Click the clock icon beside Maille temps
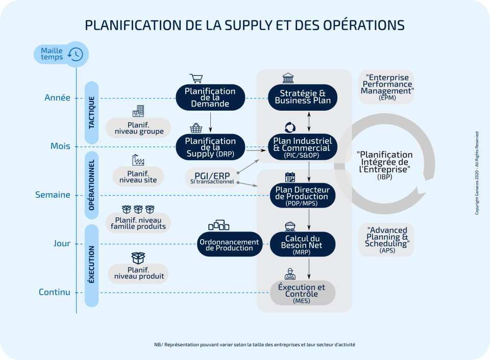[76, 54]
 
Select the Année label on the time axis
[57, 98]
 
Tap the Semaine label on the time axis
[53, 195]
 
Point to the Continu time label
[54, 292]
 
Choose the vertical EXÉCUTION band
[92, 265]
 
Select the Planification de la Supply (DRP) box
[210, 147]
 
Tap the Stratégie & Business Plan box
[303, 97]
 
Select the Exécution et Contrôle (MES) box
[302, 293]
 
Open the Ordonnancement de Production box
[230, 244]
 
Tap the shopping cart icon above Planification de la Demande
[196, 78]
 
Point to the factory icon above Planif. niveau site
[138, 160]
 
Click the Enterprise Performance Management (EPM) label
[386, 87]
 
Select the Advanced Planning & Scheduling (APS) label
[386, 240]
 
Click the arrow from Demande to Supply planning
[210, 121]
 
